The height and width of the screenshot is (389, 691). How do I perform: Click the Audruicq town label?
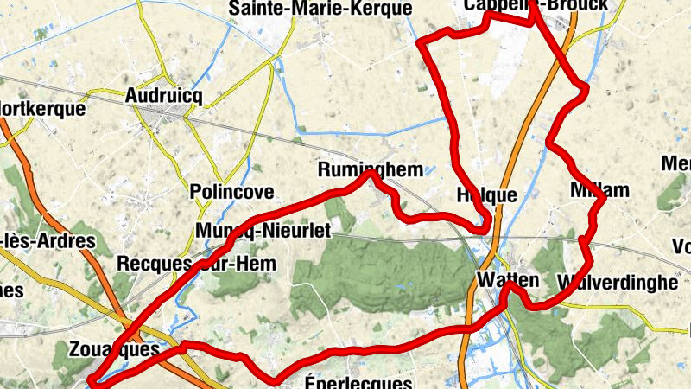click(x=163, y=96)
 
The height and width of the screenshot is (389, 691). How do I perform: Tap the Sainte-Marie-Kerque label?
click(x=320, y=9)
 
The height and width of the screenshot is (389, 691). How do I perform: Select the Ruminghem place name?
click(x=371, y=169)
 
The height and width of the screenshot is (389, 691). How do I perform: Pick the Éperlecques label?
click(x=359, y=381)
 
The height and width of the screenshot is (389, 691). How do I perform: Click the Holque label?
click(x=485, y=195)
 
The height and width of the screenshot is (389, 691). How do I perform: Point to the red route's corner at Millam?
click(x=604, y=198)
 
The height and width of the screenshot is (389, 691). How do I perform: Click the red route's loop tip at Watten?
click(x=513, y=286)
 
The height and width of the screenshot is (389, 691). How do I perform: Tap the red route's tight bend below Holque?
click(x=488, y=226)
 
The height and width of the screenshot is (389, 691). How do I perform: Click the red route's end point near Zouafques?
click(x=92, y=381)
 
